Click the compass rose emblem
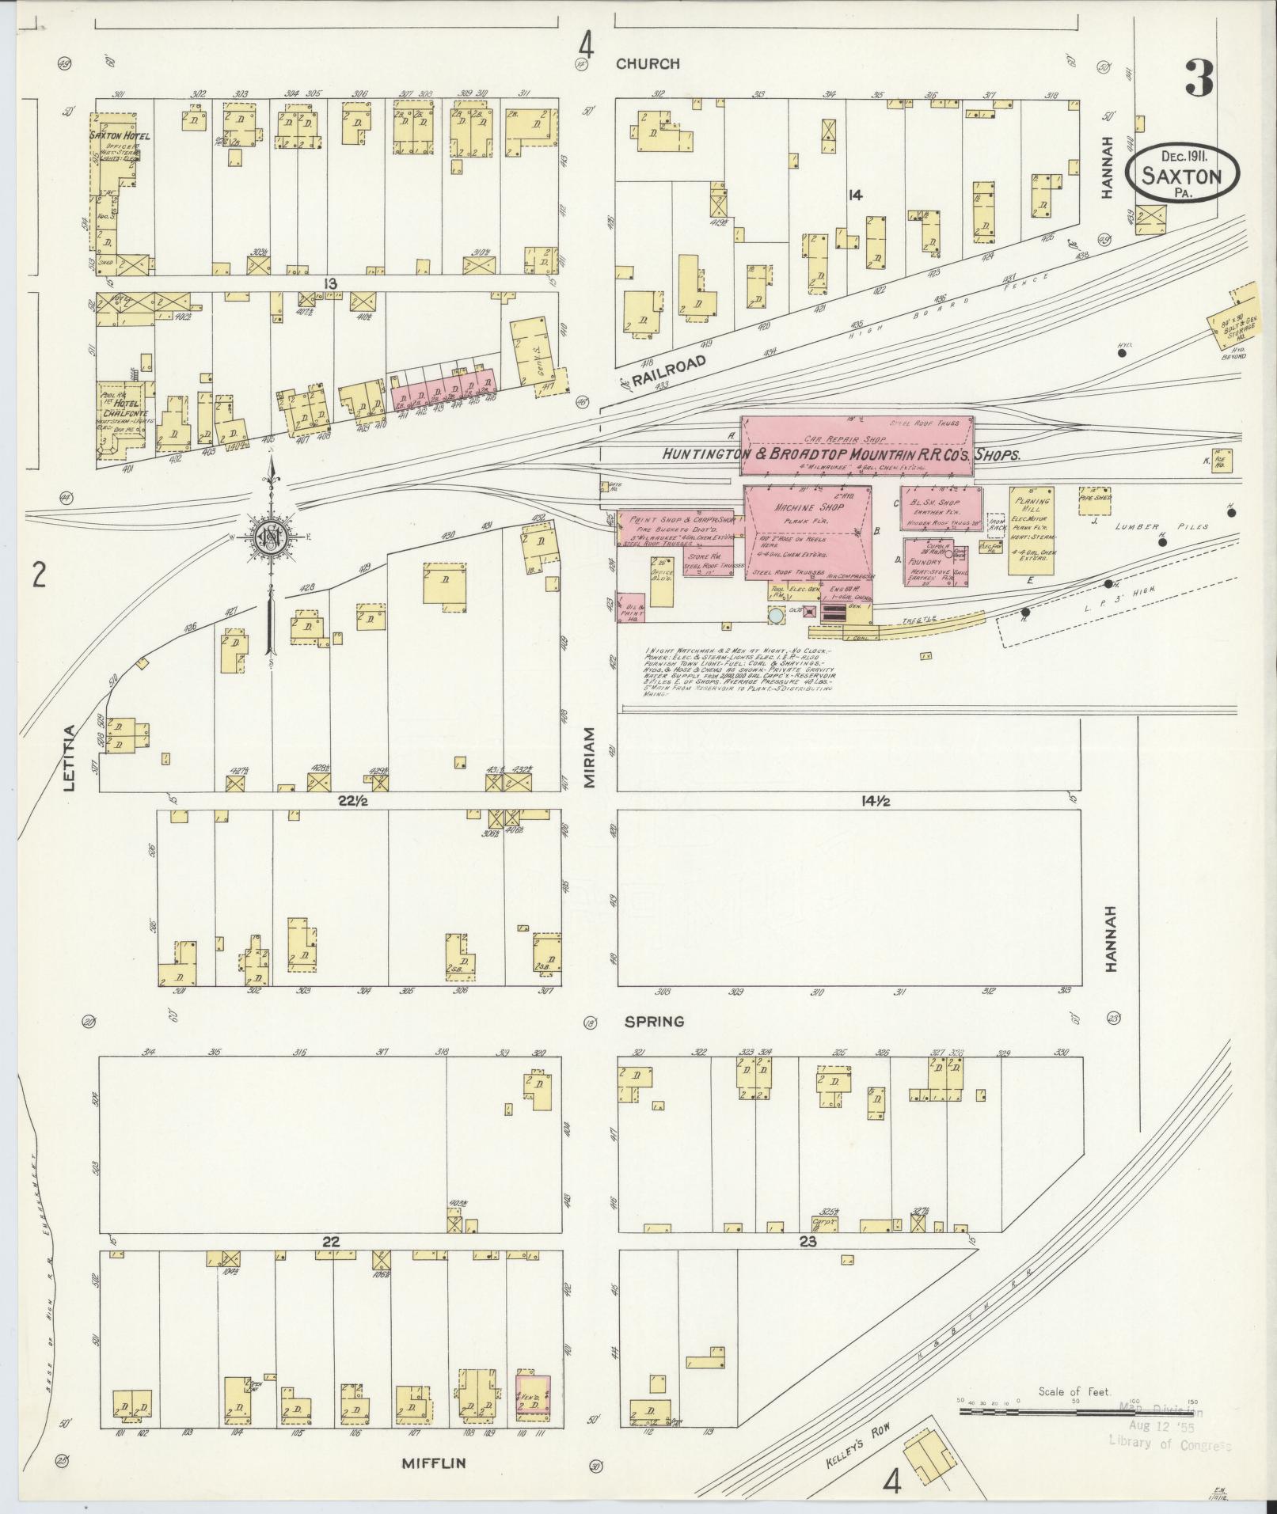coord(271,541)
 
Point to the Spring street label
coord(654,1022)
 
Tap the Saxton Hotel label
coord(120,135)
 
